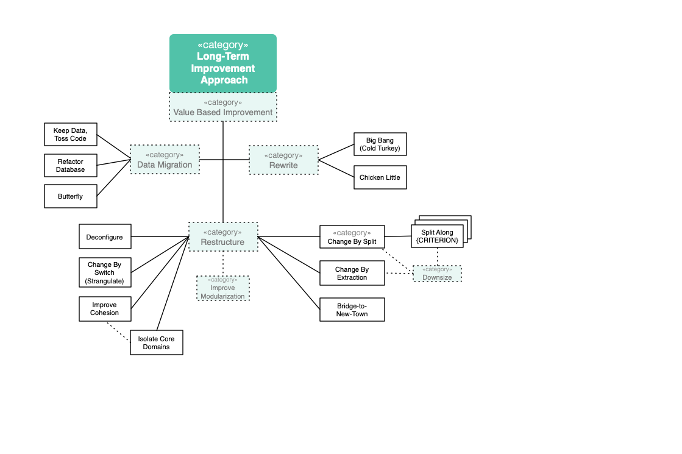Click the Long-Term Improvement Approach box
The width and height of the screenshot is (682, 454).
click(x=222, y=63)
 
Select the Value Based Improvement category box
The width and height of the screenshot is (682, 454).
click(x=222, y=107)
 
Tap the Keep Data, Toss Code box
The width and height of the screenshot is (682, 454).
click(x=71, y=135)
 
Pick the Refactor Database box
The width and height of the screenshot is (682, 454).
click(x=71, y=165)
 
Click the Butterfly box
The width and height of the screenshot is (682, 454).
click(x=71, y=196)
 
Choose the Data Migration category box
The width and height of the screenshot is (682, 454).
click(x=165, y=160)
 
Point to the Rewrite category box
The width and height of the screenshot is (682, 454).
click(x=283, y=160)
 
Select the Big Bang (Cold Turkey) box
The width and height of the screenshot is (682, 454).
click(x=380, y=144)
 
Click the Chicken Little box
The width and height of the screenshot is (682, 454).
click(x=380, y=177)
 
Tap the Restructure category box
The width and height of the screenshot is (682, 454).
click(x=223, y=237)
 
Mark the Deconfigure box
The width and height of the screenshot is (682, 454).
click(x=105, y=236)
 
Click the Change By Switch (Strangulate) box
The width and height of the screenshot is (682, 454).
click(x=105, y=272)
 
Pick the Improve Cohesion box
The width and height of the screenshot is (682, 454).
click(x=105, y=309)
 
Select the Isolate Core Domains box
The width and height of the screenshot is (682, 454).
click(x=157, y=342)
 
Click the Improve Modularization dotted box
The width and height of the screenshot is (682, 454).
click(x=223, y=288)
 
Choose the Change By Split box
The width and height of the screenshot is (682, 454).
click(x=352, y=237)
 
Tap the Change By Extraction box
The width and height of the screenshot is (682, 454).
click(x=352, y=273)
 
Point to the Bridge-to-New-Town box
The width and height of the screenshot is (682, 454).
click(x=352, y=310)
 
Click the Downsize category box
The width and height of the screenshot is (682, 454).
click(x=437, y=274)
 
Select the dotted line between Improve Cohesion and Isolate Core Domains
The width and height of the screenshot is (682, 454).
click(x=118, y=332)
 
